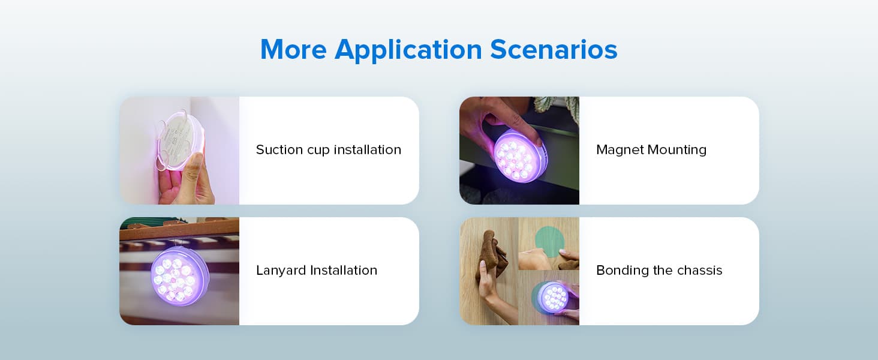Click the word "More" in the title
coord(293,49)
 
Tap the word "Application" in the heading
coord(408,49)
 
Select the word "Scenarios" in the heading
coord(553,49)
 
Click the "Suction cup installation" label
coord(328,150)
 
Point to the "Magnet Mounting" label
coord(651,150)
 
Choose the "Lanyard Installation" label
coord(316,271)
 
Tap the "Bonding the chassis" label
coord(659,271)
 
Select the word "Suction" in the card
coord(279,150)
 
